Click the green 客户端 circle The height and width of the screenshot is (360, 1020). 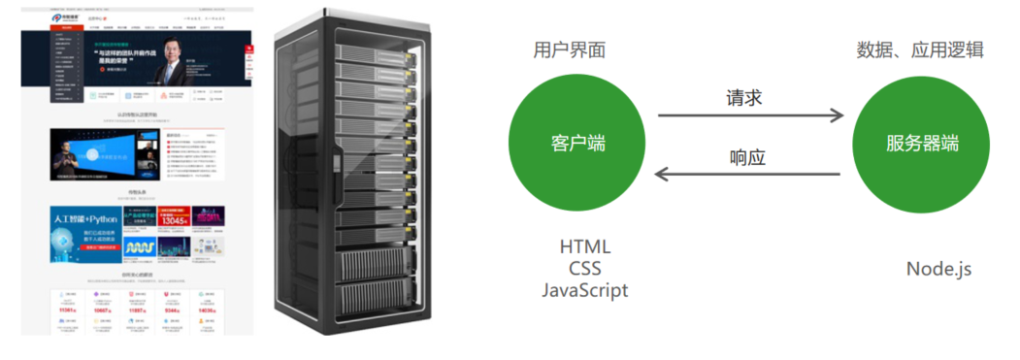coord(577,143)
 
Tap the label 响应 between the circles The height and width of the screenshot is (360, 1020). coord(747,156)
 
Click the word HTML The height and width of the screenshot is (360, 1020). coord(584,247)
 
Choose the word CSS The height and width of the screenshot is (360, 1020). coord(584,269)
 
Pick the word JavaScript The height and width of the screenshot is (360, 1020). coord(584,290)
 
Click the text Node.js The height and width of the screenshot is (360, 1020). coord(938,269)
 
